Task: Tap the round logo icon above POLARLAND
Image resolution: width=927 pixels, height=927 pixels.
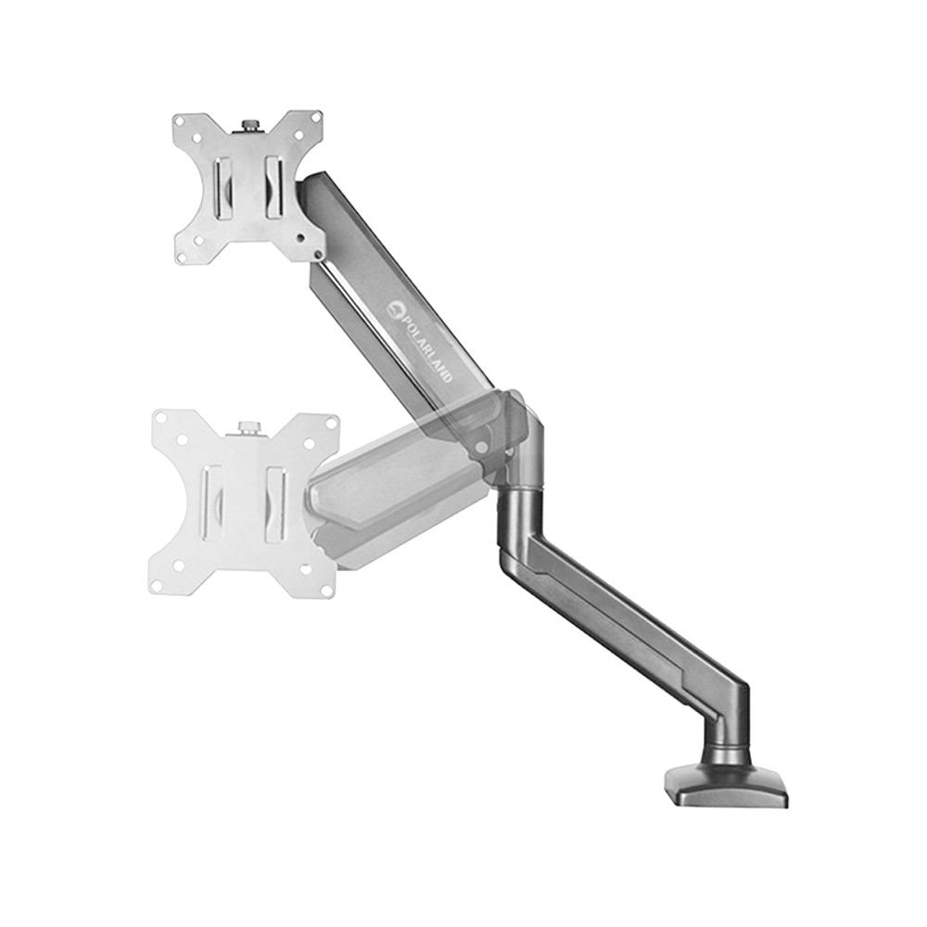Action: click(x=396, y=308)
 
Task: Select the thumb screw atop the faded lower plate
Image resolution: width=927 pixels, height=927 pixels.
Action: click(x=247, y=428)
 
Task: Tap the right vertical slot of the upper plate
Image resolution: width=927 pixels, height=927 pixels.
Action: click(x=273, y=188)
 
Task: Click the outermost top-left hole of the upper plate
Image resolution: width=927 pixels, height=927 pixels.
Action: click(x=178, y=120)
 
